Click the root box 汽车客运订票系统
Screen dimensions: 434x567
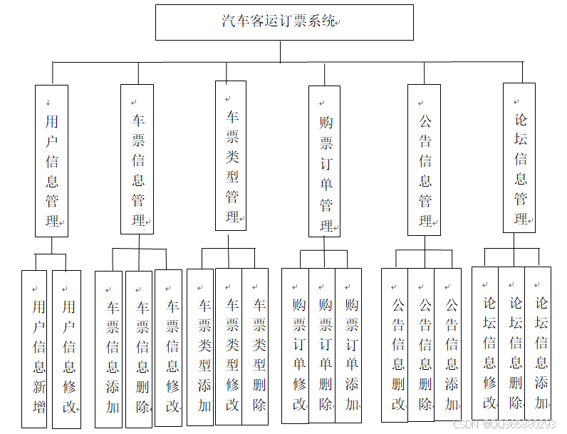284,22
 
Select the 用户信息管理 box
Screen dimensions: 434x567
52,161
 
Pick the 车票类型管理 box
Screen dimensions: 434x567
231,155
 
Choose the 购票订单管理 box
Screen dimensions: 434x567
324,161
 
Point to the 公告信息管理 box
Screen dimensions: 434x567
424,160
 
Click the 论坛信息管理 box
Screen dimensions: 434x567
519,157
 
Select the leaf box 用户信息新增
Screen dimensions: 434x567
34,348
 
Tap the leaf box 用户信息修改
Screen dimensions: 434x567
66,348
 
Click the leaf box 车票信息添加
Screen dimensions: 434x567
109,348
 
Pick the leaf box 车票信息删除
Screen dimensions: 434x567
139,348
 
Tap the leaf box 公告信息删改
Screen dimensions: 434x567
395,345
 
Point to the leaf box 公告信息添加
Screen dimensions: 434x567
448,345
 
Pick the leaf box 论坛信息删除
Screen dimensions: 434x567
511,343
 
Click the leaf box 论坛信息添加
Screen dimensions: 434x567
538,343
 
